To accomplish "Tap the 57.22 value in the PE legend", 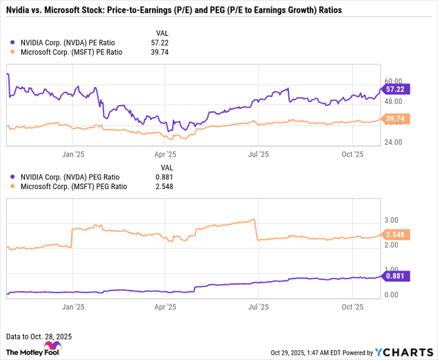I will (x=160, y=43).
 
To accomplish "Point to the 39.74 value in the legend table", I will (x=160, y=52).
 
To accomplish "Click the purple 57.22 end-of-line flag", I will (x=396, y=90).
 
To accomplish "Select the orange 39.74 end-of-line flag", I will (x=396, y=119).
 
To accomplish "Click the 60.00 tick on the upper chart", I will (x=392, y=81).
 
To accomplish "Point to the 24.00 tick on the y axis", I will (x=392, y=142).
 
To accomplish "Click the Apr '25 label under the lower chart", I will (x=166, y=307).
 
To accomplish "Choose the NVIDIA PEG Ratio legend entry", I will (x=70, y=177).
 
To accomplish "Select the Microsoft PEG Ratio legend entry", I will (x=74, y=186).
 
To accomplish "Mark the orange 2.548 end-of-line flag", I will (x=396, y=234).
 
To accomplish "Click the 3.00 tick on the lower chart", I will (x=391, y=220).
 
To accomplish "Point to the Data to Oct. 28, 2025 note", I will (x=39, y=336).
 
